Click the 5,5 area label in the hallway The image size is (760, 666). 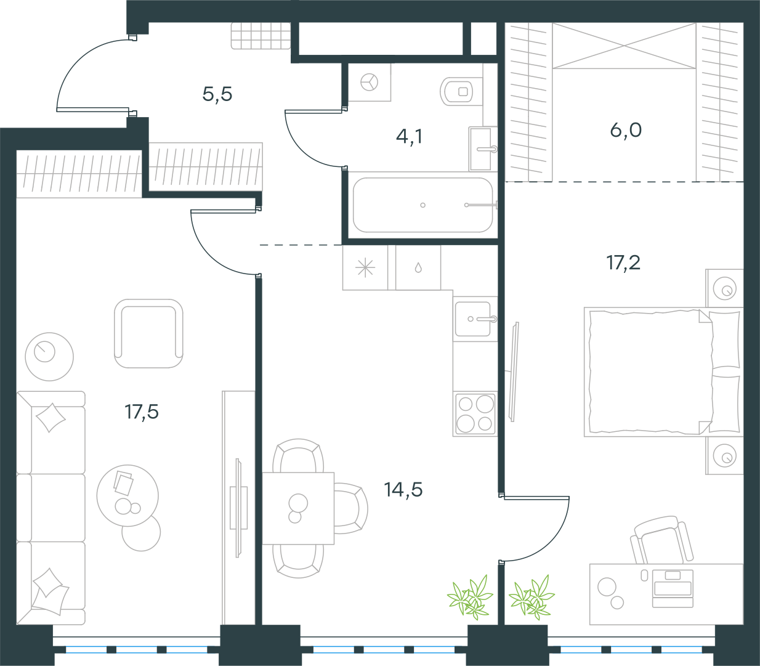tap(217, 94)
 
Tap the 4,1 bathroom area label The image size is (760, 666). tap(410, 136)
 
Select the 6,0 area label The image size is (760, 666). tap(626, 131)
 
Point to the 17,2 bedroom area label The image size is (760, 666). tap(623, 262)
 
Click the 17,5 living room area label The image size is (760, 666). tap(142, 412)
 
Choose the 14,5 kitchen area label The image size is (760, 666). tap(403, 490)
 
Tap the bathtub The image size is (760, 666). tap(422, 205)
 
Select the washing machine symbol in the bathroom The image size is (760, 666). tap(370, 82)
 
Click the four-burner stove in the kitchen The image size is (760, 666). tap(475, 414)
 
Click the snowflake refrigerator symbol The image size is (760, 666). tap(365, 267)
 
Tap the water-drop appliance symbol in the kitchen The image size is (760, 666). tap(418, 267)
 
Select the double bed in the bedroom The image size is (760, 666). tap(663, 372)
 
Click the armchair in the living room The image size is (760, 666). tap(148, 333)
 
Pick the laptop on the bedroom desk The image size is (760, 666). tap(673, 588)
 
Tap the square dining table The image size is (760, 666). tap(298, 508)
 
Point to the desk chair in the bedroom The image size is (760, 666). tap(661, 541)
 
